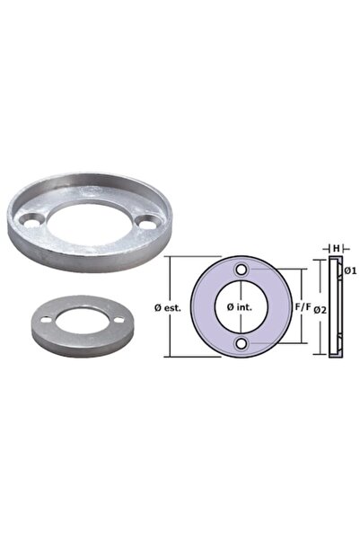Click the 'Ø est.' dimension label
(x=167, y=307)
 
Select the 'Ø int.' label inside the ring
(x=241, y=307)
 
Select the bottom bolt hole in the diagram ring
(x=241, y=344)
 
